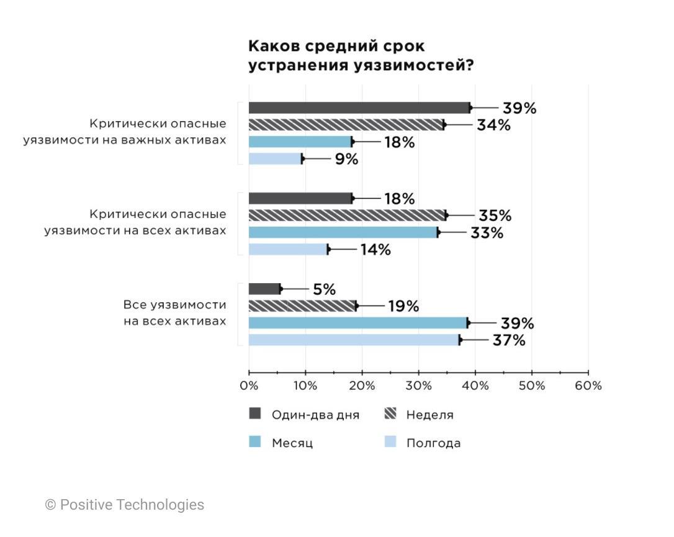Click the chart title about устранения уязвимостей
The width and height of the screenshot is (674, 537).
coord(361,56)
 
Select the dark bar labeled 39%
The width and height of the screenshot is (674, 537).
coord(359,108)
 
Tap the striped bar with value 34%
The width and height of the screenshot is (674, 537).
coord(346,125)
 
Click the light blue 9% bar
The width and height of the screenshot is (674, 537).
coord(276,159)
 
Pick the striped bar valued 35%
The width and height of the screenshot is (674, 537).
coord(347,215)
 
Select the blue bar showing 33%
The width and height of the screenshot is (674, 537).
coord(343,233)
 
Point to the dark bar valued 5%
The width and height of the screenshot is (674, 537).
coord(264,289)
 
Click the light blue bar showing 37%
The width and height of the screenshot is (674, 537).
coord(354,340)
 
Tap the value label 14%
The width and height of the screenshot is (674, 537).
coord(375,250)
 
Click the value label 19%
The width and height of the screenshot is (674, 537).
coord(403,306)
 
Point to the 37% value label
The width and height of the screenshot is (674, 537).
coord(509,340)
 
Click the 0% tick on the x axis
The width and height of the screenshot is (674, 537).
coord(249,386)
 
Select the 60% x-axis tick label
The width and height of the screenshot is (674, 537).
coord(588,386)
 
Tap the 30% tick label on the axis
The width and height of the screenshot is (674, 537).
coord(418,386)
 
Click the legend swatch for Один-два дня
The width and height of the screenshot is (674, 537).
coord(255,414)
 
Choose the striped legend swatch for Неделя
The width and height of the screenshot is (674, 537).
coord(390,414)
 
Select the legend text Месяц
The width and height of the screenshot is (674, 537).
coord(292,443)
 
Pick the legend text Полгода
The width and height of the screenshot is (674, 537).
coord(433,443)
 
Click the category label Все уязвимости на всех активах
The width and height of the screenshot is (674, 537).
coord(175,313)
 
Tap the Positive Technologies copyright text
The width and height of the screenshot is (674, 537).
coord(125,505)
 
